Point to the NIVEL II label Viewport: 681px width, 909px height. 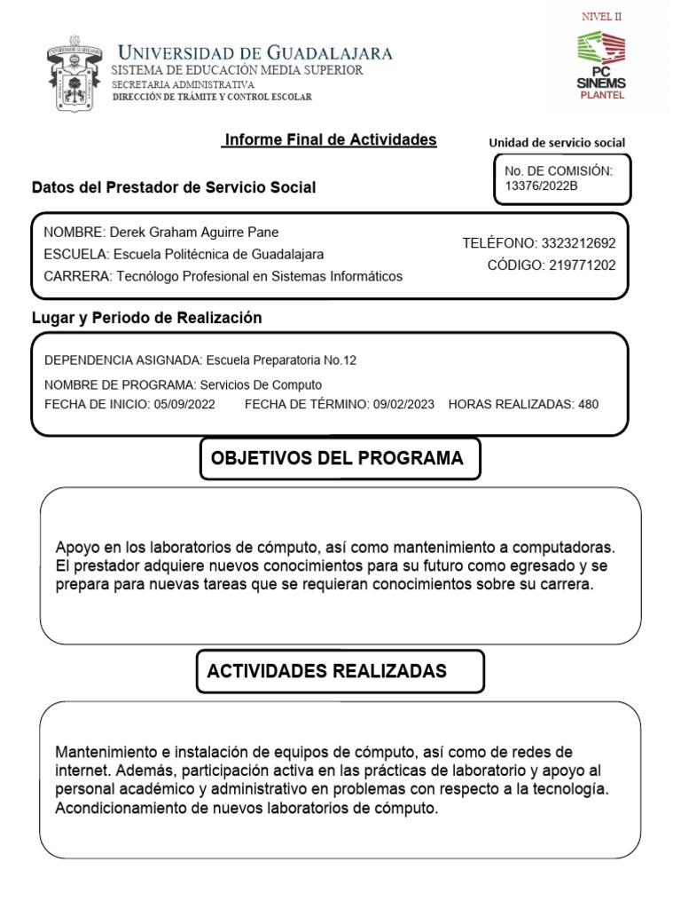601,17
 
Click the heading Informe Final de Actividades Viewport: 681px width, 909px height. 330,140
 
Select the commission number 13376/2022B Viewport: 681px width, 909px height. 540,186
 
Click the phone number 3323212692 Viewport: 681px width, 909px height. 575,242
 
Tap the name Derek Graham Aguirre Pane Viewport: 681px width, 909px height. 193,233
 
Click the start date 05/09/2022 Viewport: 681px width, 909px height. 184,405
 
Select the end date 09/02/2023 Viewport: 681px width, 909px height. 403,405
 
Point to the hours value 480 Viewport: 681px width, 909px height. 588,405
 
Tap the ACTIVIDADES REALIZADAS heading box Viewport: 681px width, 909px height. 340,671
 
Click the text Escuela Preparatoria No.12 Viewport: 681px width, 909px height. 280,360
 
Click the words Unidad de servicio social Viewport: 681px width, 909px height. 557,143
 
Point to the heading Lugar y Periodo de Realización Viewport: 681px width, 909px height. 146,318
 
